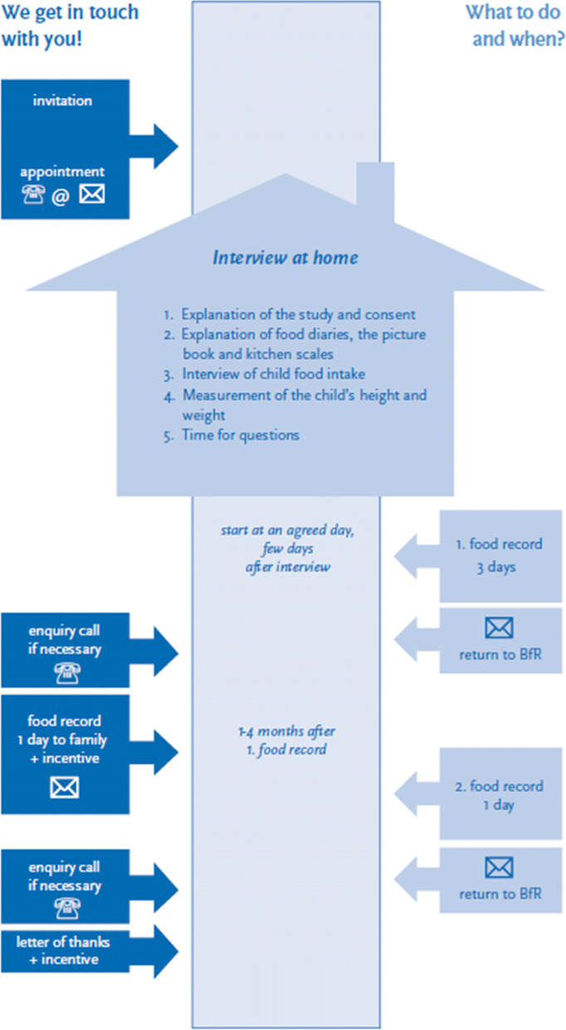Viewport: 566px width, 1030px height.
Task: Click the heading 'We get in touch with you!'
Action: [x=70, y=25]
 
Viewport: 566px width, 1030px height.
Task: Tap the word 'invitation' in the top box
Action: [x=62, y=101]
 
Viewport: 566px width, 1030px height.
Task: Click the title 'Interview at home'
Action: [x=285, y=257]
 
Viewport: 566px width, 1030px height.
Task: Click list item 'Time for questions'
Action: [x=241, y=435]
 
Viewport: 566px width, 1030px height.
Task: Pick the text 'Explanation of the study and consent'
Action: [x=298, y=316]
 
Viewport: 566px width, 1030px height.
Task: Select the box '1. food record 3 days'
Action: [x=500, y=556]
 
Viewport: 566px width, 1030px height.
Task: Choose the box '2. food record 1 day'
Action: [x=500, y=795]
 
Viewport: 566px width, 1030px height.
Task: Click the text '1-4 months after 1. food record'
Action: [x=285, y=740]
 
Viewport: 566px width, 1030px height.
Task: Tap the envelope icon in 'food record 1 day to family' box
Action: [x=64, y=787]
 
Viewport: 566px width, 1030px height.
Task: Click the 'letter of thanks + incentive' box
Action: [x=65, y=951]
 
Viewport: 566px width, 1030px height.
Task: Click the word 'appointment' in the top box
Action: [x=63, y=172]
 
